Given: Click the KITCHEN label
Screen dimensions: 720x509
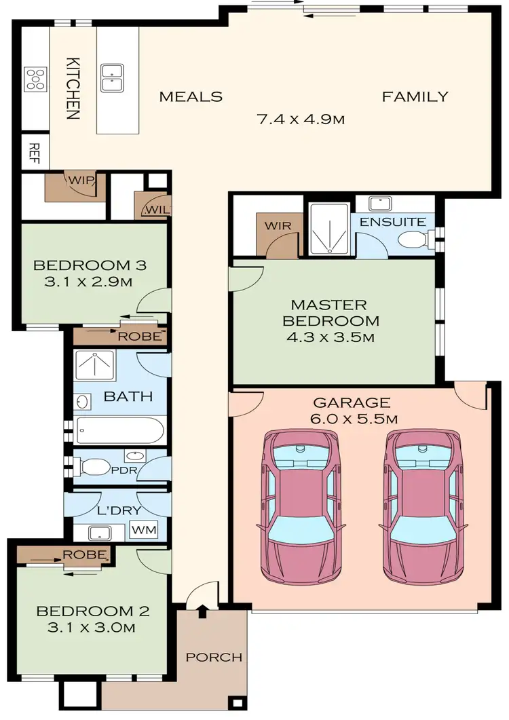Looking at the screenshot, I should [x=73, y=88].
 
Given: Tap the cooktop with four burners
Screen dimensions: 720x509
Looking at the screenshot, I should [x=35, y=79].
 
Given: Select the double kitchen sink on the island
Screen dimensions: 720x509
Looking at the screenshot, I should [x=111, y=77].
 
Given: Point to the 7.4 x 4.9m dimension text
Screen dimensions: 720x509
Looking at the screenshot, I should [x=301, y=120].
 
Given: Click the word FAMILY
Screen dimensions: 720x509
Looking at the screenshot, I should [x=415, y=96].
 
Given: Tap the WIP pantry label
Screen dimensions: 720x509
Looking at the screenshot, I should [x=79, y=181].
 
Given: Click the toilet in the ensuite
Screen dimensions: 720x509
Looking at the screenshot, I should [x=411, y=240].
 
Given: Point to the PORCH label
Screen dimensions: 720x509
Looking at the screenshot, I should [x=214, y=657].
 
